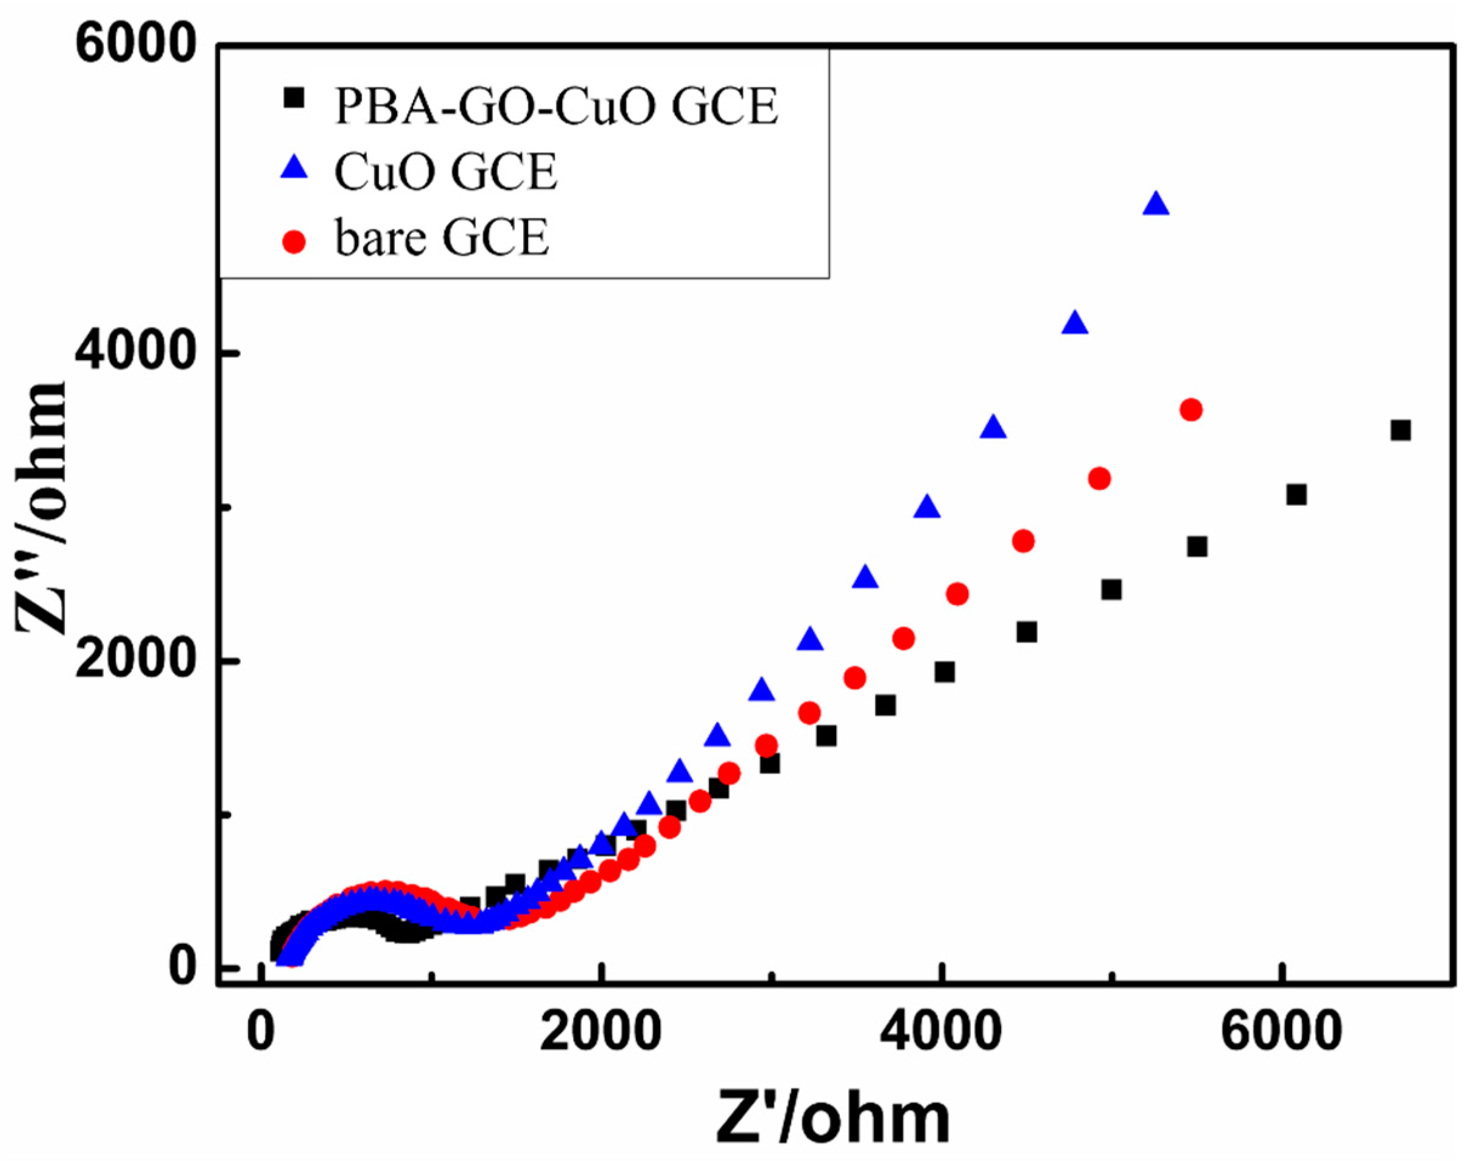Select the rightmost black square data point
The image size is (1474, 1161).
1401,430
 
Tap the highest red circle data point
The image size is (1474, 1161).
1191,410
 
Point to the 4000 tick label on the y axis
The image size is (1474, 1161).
136,354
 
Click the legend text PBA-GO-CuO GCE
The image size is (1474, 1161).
556,107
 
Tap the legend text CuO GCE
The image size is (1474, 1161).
446,172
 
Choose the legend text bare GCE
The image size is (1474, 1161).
442,238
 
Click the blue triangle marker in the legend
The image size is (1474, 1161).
294,168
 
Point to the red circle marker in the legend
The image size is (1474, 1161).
294,241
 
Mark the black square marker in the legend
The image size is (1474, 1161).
294,98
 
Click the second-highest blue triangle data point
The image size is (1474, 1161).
1074,323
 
